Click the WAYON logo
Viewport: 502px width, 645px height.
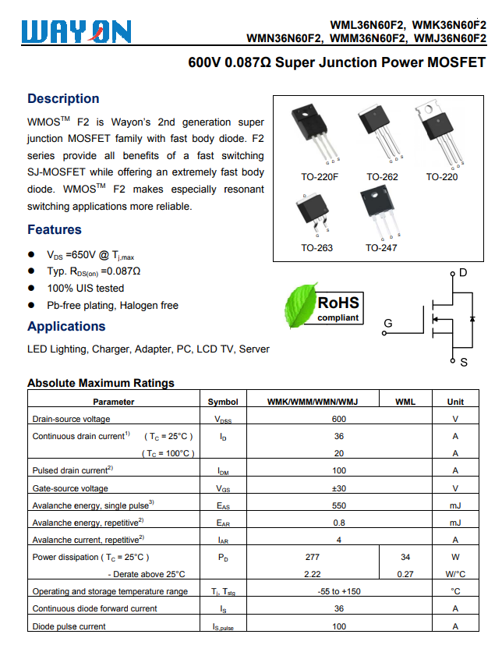(x=76, y=31)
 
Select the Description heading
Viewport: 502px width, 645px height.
(x=63, y=98)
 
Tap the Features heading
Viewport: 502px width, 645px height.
(x=55, y=229)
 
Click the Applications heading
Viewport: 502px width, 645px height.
(x=66, y=326)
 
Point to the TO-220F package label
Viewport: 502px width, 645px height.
(x=320, y=177)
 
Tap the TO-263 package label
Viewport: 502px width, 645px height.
(x=316, y=248)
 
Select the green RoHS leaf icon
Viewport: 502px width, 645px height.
(x=299, y=307)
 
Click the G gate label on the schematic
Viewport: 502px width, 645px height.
(x=388, y=323)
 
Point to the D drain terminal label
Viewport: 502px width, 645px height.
(x=463, y=273)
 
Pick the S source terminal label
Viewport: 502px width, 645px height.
(x=463, y=363)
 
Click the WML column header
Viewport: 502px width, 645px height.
(x=405, y=402)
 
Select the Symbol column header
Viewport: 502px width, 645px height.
(x=223, y=402)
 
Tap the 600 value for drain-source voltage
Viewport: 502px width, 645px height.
(x=339, y=419)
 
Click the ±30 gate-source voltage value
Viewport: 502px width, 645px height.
(x=339, y=488)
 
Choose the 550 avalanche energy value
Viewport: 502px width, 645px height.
(x=339, y=505)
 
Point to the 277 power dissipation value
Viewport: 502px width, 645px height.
(x=312, y=557)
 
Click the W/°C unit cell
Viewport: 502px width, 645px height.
(x=455, y=574)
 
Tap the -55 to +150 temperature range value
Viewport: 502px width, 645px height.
(x=339, y=591)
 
